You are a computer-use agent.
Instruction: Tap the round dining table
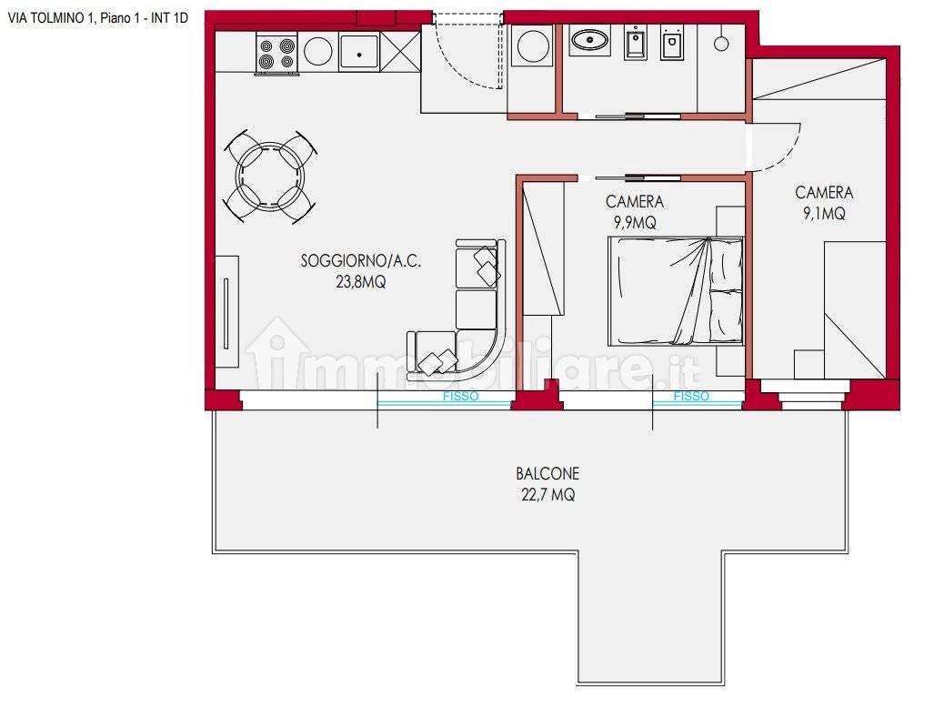(269, 174)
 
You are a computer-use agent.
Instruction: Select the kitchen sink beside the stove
(361, 51)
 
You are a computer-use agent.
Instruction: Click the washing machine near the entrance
(531, 48)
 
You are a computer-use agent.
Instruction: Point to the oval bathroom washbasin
(589, 40)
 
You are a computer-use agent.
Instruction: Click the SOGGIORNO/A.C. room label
(361, 261)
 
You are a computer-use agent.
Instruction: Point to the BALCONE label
(547, 474)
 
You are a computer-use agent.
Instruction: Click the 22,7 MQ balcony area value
(547, 495)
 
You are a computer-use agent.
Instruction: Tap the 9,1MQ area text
(824, 214)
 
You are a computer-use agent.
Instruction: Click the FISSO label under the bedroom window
(691, 397)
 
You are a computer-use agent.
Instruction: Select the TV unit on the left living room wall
(226, 311)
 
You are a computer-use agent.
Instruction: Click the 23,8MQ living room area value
(361, 282)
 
